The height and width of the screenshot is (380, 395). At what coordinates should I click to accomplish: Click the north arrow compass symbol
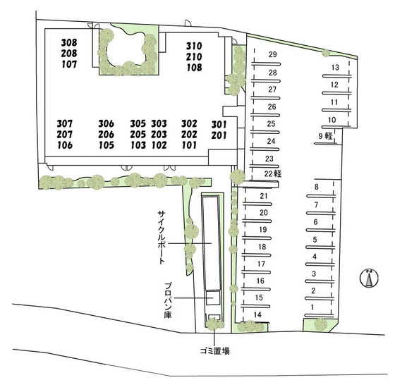(x=369, y=278)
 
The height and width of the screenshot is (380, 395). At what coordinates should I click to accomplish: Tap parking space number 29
(x=272, y=54)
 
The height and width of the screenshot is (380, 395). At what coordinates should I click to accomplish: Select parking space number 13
(x=335, y=68)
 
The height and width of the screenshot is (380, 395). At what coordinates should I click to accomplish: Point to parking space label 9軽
(x=325, y=136)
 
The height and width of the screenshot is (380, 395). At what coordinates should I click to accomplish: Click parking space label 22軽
(x=273, y=173)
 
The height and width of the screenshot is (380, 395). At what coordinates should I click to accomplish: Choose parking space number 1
(x=312, y=307)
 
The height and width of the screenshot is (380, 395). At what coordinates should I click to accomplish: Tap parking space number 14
(x=257, y=314)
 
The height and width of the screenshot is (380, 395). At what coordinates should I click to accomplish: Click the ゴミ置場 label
(x=214, y=351)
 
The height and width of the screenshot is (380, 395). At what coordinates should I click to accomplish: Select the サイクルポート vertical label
(x=162, y=237)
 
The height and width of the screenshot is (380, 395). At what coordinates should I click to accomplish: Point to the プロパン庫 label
(x=168, y=300)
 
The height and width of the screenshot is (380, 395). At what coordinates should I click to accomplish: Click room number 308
(x=69, y=42)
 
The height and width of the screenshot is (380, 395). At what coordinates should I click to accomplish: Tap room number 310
(x=194, y=46)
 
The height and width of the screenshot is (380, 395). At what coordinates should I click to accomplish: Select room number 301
(x=219, y=124)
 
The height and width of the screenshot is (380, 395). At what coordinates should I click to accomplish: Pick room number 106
(x=65, y=145)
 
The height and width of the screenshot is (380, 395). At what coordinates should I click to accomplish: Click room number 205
(x=138, y=134)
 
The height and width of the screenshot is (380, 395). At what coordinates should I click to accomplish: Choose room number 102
(x=159, y=145)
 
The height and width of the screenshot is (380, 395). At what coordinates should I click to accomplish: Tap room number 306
(x=106, y=123)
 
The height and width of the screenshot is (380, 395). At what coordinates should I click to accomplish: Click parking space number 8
(x=317, y=187)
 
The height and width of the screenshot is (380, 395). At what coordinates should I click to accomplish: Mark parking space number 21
(x=264, y=196)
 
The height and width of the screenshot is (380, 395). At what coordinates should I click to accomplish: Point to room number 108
(x=194, y=68)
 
